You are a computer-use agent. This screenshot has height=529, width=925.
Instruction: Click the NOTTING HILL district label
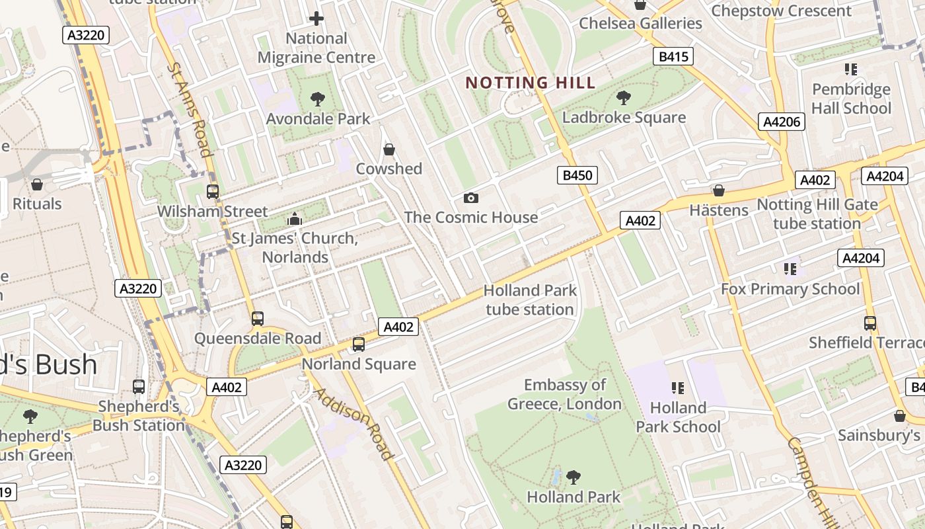[x=531, y=83]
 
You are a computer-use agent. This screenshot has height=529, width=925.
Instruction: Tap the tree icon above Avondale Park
[x=318, y=100]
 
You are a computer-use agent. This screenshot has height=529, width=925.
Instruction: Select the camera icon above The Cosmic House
[x=470, y=198]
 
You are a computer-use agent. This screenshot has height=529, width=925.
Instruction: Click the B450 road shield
[x=577, y=175]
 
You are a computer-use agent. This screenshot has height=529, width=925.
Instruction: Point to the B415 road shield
[x=673, y=57]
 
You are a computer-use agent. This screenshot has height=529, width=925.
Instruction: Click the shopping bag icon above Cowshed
[x=389, y=150]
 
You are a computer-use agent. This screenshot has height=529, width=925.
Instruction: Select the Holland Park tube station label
[x=530, y=300]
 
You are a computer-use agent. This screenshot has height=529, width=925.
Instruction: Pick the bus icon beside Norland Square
[x=358, y=344]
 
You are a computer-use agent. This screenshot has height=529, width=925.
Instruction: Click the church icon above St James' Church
[x=295, y=218]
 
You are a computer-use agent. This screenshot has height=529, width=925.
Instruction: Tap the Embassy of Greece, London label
[x=565, y=394]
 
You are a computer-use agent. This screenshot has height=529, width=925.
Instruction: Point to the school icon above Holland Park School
[x=678, y=388]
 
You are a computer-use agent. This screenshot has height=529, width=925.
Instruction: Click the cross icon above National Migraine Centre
[x=316, y=19]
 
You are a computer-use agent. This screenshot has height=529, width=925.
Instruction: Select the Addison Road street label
[x=353, y=424]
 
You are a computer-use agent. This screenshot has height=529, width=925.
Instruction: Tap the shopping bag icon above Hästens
[x=719, y=191]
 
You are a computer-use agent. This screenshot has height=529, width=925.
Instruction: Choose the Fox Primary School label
[x=790, y=289]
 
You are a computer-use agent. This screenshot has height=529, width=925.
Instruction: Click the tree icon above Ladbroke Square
[x=623, y=99]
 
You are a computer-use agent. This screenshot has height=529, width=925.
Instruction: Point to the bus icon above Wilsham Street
[x=213, y=192]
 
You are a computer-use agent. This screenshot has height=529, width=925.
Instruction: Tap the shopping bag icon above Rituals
[x=37, y=184]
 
